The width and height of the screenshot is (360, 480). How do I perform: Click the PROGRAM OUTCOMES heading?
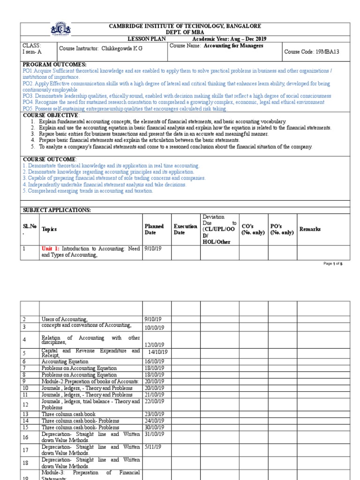coord(55,64)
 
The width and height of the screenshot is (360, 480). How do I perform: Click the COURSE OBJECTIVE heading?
coord(51,115)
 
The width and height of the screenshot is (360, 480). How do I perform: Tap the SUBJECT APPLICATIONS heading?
coord(57,210)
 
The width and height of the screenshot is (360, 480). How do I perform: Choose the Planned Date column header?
coord(154,229)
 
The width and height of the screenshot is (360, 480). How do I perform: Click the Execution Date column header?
coord(185,229)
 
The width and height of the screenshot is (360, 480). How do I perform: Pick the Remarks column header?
coord(310,229)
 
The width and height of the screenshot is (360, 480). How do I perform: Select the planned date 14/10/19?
coord(157,352)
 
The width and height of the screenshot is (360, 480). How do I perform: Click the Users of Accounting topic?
coord(65,319)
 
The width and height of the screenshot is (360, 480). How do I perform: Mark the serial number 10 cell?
coord(26,388)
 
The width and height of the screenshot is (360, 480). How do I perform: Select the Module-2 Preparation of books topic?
coord(90,382)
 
